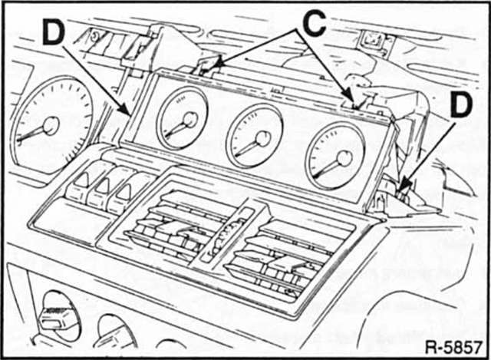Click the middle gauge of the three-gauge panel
255,137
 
